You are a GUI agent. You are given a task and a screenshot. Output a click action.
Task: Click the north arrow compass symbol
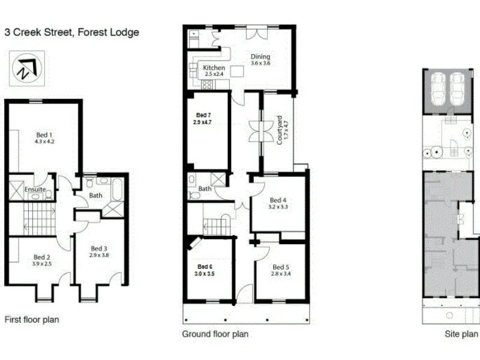click(25, 68)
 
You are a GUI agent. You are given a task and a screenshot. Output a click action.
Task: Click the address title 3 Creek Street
click(71, 32)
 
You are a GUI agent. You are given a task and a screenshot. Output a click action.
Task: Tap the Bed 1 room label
click(43, 134)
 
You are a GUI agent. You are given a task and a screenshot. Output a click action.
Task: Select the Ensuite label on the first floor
click(35, 190)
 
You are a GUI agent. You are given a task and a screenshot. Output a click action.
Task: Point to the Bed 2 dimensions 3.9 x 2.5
click(43, 263)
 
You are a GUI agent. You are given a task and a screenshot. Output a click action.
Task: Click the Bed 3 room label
click(99, 248)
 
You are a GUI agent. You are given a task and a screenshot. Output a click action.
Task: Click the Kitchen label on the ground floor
click(214, 68)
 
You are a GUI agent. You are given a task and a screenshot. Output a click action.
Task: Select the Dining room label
click(260, 57)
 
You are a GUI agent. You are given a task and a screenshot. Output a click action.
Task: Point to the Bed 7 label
click(203, 115)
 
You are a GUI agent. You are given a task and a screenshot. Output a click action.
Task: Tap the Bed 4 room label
click(278, 200)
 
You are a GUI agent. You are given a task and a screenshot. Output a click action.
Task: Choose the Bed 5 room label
click(280, 267)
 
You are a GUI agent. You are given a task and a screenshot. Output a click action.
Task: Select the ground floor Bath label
click(205, 189)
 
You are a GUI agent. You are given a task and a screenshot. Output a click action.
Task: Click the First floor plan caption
click(32, 320)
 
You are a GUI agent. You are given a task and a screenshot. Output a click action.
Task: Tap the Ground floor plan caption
click(215, 334)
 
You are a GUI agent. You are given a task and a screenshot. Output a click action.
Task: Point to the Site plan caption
click(461, 334)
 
